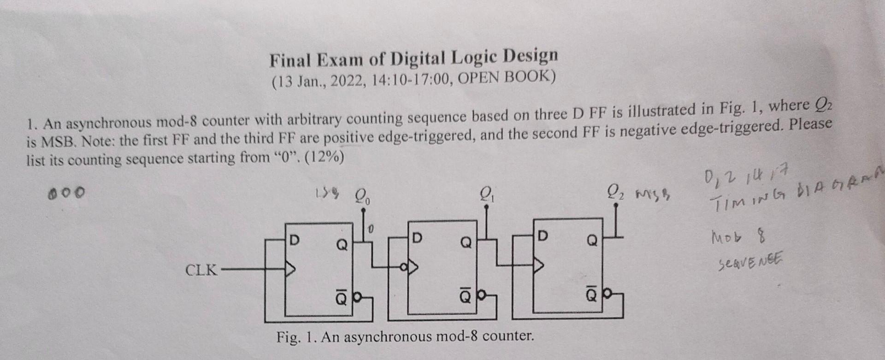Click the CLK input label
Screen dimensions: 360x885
tap(201, 270)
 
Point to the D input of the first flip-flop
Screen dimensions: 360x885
tap(294, 240)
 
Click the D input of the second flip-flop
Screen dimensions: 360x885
tap(417, 238)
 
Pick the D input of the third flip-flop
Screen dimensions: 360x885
tap(542, 236)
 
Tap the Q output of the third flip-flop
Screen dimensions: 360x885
tap(592, 240)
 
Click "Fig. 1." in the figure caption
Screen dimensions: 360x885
tap(296, 337)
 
